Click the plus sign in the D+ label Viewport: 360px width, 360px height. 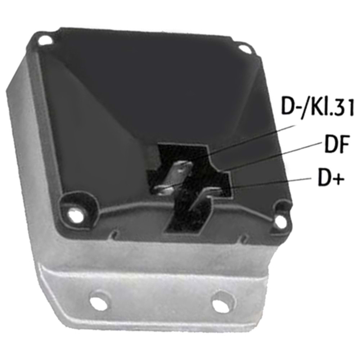(x=338, y=179)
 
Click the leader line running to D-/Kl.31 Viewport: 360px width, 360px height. (x=252, y=141)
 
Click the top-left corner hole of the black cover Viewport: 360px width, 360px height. (x=45, y=40)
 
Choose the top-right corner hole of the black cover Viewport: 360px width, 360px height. (x=244, y=48)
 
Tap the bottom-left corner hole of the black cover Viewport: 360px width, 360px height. (x=75, y=215)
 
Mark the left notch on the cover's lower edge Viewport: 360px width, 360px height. (x=114, y=235)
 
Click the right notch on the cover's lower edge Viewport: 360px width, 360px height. (x=244, y=238)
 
